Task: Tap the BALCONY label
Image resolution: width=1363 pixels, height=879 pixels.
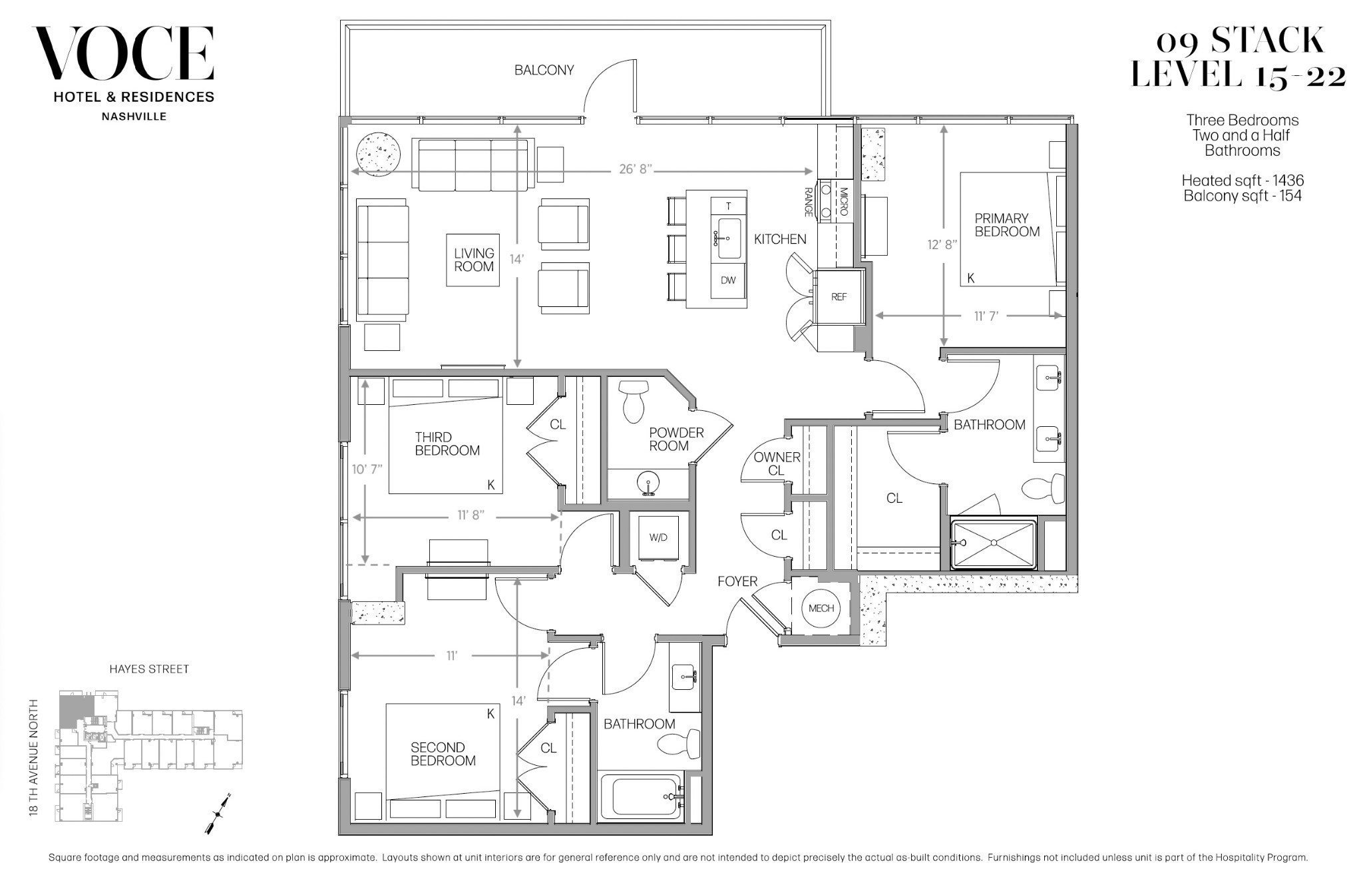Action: tap(544, 70)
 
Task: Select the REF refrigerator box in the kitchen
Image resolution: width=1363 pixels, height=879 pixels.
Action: tap(839, 297)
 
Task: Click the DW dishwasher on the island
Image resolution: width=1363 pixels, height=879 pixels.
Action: tap(728, 280)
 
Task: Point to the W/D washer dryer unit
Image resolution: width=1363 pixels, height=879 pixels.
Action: tap(658, 538)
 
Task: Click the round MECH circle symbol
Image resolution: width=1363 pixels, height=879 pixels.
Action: tap(821, 608)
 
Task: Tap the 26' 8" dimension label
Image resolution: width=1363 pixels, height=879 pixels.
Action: tap(635, 170)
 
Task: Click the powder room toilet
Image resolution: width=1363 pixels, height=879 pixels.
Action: tap(634, 401)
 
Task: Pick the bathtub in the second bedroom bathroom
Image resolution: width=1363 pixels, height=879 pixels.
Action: tap(641, 796)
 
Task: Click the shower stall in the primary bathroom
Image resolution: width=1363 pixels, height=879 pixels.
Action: tap(994, 544)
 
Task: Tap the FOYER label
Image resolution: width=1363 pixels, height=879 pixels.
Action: tap(737, 581)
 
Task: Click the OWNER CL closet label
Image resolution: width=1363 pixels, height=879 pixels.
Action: tap(777, 463)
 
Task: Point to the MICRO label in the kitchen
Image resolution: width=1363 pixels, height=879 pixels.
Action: tap(844, 202)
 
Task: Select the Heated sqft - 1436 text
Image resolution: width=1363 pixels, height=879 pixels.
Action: tap(1243, 180)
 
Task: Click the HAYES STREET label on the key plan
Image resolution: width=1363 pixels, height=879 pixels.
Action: tap(149, 669)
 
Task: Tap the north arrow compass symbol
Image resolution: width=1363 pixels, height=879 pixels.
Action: tap(218, 814)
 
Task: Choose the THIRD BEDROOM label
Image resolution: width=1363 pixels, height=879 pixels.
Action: tap(447, 444)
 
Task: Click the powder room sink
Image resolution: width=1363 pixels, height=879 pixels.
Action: tap(648, 483)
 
